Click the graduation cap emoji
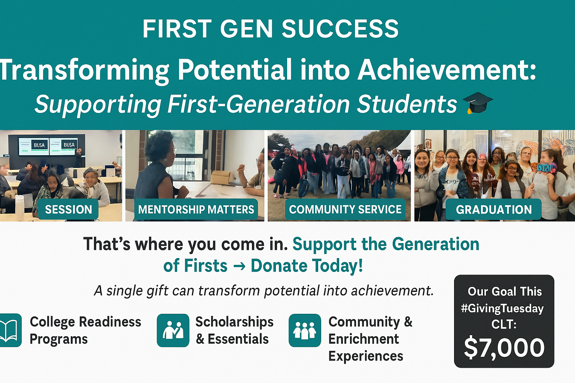[478, 103]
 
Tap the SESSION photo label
[69, 209]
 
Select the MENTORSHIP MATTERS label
[196, 209]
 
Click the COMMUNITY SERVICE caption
[345, 209]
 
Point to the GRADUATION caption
[493, 209]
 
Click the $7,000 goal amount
[504, 348]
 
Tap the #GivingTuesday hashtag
[502, 309]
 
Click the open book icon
[9, 330]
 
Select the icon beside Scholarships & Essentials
[173, 330]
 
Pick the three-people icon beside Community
[305, 330]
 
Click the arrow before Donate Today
[239, 266]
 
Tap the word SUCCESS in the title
[340, 29]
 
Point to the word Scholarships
[234, 322]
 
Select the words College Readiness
[85, 322]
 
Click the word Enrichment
[363, 339]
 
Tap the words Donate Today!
[307, 266]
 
